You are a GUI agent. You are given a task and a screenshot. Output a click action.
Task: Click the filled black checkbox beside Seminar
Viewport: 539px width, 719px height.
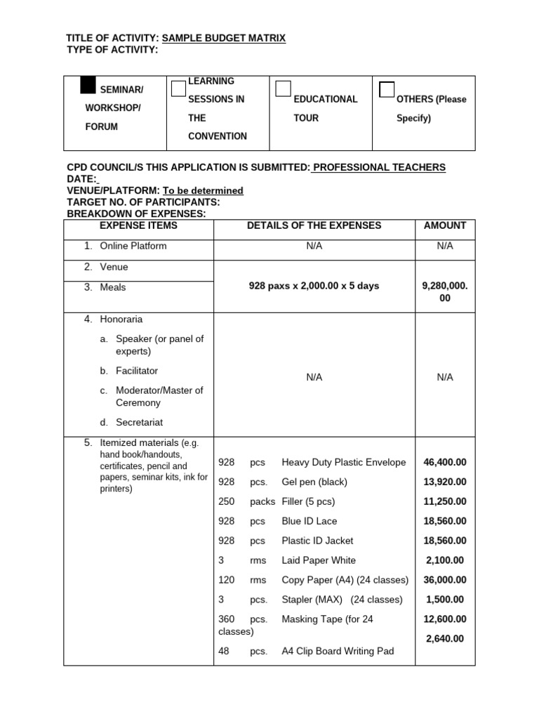88,86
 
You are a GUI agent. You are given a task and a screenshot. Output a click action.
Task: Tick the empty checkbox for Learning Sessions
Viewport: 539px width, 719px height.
178,88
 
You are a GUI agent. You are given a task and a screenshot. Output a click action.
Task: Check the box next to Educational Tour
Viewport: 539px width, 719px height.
283,88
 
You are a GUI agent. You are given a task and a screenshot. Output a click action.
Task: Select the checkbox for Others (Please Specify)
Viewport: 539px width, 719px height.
387,89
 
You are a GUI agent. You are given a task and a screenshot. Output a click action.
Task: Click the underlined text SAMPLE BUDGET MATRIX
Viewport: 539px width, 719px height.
224,38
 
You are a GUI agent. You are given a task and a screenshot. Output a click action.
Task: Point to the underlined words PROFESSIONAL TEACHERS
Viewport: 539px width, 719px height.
379,167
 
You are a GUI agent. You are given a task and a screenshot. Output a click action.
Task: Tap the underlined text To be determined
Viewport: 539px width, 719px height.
203,190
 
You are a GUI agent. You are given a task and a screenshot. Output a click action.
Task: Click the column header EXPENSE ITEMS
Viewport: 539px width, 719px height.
138,225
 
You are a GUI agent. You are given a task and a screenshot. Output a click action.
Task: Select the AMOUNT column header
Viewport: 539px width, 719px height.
445,225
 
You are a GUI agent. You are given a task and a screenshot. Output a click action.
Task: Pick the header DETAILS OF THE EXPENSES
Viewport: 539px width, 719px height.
314,225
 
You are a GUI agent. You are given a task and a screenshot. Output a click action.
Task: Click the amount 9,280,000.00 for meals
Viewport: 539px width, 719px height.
445,292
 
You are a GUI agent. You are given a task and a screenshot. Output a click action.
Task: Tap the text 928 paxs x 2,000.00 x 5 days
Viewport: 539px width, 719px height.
314,286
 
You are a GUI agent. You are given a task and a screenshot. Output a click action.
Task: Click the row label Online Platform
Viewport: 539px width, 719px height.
133,246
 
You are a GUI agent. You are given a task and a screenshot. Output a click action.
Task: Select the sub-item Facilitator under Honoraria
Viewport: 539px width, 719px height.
137,371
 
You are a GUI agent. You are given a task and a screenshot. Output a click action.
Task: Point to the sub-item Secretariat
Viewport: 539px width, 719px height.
139,423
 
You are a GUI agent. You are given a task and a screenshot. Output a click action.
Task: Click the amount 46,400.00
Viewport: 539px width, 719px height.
445,462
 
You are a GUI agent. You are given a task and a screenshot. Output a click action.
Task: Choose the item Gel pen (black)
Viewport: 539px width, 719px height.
314,482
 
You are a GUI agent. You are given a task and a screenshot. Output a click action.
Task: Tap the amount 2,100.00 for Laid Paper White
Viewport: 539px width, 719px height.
445,560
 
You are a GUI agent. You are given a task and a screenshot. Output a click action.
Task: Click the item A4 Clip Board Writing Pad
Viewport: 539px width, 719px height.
338,651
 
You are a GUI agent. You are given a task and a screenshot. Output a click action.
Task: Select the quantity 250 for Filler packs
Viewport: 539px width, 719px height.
226,502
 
